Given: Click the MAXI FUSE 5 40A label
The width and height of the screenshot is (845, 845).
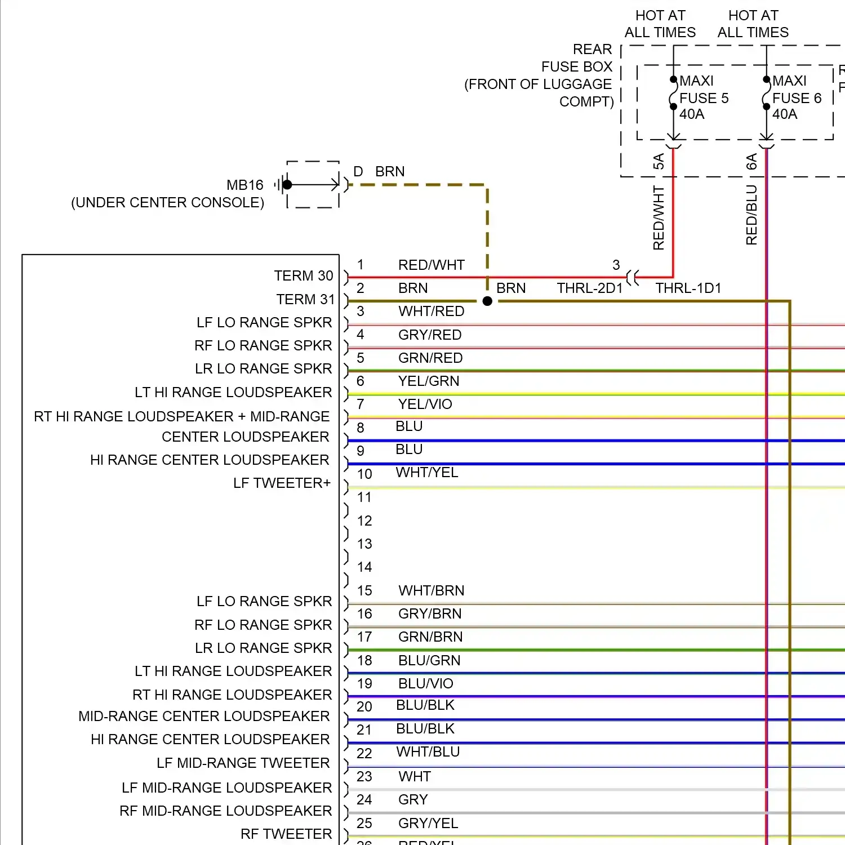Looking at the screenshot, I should pyautogui.click(x=703, y=97).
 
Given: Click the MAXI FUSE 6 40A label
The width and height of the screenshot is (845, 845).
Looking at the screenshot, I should pyautogui.click(x=796, y=97).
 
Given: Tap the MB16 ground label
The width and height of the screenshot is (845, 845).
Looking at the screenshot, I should pyautogui.click(x=244, y=185).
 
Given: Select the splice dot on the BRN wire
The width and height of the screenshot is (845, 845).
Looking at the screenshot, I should pyautogui.click(x=488, y=301).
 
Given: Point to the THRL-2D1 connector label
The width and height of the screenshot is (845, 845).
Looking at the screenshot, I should pyautogui.click(x=589, y=288).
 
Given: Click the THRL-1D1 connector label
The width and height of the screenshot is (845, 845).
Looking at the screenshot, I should pyautogui.click(x=688, y=288).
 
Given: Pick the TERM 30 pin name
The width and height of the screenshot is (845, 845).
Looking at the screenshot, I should pyautogui.click(x=304, y=275).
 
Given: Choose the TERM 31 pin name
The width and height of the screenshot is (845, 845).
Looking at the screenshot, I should pyautogui.click(x=305, y=299).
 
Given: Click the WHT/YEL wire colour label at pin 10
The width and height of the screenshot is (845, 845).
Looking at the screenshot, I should pyautogui.click(x=427, y=473).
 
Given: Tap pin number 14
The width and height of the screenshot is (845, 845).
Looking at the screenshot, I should pyautogui.click(x=364, y=567).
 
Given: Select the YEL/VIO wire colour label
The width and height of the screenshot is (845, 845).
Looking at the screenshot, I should pyautogui.click(x=425, y=404).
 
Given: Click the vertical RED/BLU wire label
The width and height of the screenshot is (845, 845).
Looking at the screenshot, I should pyautogui.click(x=751, y=215).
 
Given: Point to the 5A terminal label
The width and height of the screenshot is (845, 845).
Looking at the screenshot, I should pyautogui.click(x=659, y=162).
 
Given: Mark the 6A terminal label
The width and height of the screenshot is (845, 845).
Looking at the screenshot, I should pyautogui.click(x=751, y=162).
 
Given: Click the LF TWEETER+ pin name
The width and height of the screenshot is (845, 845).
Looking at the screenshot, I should pyautogui.click(x=282, y=483).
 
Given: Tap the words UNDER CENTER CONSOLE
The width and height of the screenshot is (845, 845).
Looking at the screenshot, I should pyautogui.click(x=167, y=203).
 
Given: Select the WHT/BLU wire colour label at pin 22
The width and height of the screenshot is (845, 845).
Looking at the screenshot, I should pyautogui.click(x=428, y=752).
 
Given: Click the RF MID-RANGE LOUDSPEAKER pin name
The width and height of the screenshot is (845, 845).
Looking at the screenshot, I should pyautogui.click(x=225, y=811).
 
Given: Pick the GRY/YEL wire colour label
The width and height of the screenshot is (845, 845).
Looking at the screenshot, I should pyautogui.click(x=428, y=823).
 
